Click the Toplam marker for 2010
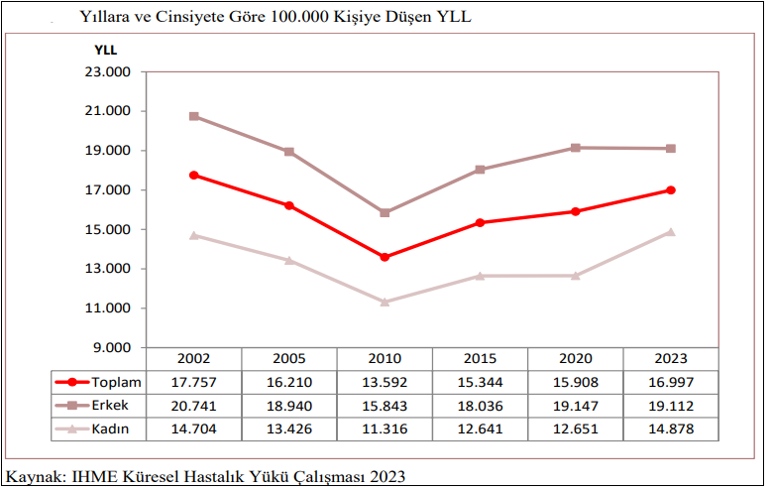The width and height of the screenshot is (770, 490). [x=385, y=257]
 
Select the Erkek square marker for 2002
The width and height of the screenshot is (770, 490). [x=193, y=116]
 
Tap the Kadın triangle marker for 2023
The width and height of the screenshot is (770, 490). [x=671, y=232]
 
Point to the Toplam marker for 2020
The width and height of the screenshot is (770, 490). [x=576, y=211]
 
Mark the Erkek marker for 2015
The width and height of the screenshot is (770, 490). [x=481, y=170]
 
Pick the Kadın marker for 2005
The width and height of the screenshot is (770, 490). [x=289, y=261]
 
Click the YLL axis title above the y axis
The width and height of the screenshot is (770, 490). [x=105, y=50]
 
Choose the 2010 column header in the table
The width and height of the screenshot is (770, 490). [x=385, y=359]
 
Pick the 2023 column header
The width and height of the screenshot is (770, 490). [x=671, y=359]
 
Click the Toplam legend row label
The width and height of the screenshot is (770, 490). [x=117, y=383]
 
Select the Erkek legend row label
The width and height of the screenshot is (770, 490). [x=112, y=406]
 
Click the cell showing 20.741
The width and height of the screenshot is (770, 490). [x=193, y=406]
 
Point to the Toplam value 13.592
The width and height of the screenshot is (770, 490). [x=385, y=383]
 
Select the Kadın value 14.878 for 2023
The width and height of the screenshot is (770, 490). [x=671, y=429]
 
